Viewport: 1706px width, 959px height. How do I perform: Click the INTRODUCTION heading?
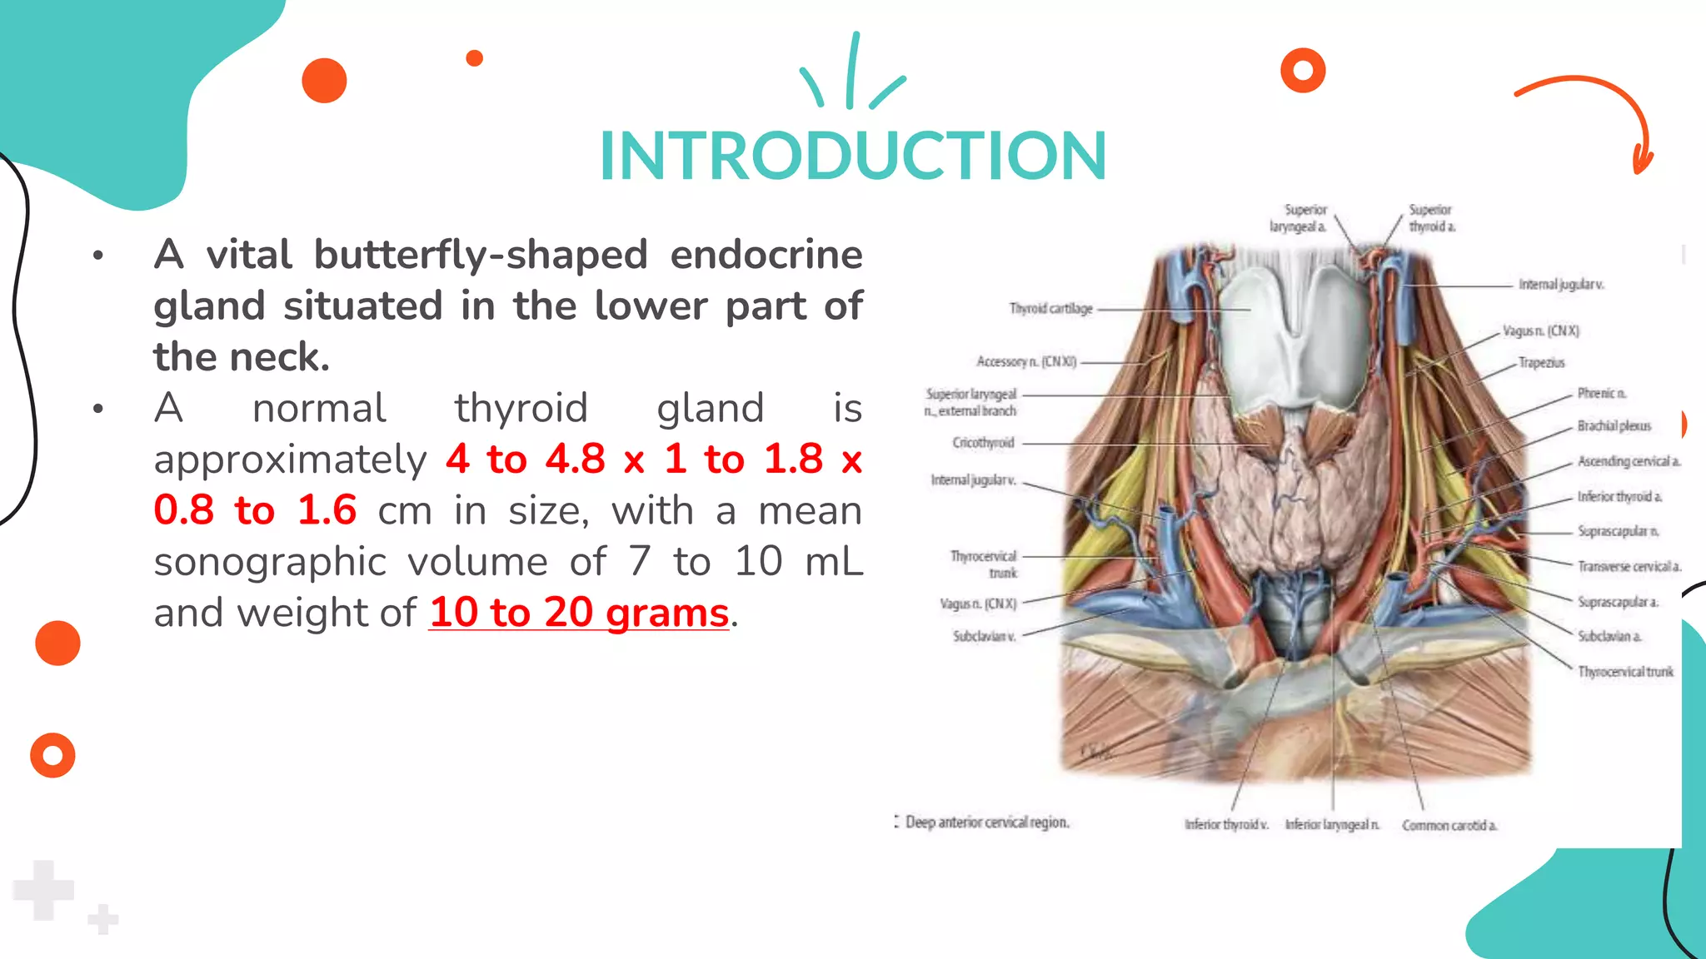click(x=853, y=156)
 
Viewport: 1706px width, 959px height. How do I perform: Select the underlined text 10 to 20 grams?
click(x=579, y=613)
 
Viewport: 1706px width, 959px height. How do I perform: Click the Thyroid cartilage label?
click(x=1050, y=309)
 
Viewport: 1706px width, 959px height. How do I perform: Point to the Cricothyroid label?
click(x=983, y=443)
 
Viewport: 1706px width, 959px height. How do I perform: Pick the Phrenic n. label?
click(x=1601, y=393)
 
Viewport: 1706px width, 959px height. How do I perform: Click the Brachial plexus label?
click(x=1614, y=426)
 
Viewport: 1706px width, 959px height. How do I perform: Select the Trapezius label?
click(x=1541, y=363)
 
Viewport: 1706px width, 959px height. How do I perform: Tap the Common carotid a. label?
click(x=1449, y=826)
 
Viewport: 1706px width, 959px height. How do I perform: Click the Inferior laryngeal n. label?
click(x=1331, y=825)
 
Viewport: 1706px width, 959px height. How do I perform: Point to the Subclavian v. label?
click(x=984, y=637)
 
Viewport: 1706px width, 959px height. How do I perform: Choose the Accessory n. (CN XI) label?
click(x=1026, y=362)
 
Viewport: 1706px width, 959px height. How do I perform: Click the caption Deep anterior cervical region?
click(x=986, y=822)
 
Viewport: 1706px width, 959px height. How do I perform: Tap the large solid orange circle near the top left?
click(x=324, y=81)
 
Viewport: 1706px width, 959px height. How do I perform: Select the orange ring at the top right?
click(x=1303, y=71)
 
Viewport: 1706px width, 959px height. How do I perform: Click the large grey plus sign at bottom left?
click(x=43, y=890)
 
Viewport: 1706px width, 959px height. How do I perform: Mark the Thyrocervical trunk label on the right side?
click(x=1624, y=672)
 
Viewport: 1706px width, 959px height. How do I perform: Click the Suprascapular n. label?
click(x=1618, y=531)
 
